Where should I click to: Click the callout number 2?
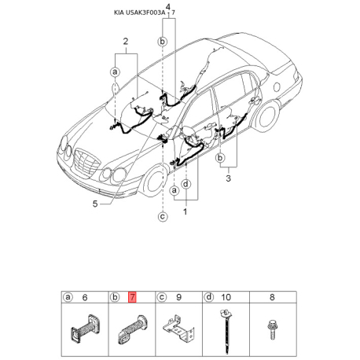(x=126, y=42)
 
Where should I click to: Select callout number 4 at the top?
(x=168, y=7)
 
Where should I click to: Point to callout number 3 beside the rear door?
(x=229, y=178)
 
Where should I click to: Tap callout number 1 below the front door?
(x=186, y=211)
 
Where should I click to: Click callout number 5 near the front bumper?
(x=95, y=204)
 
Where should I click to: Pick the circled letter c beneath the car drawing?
(x=163, y=217)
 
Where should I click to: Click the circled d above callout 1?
(x=186, y=184)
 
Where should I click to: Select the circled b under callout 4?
(x=163, y=42)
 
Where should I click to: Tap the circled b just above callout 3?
(x=220, y=158)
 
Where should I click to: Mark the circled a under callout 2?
(x=115, y=72)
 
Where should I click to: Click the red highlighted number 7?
(x=132, y=297)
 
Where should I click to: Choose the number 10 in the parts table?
(x=226, y=297)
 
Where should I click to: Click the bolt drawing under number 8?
(x=272, y=329)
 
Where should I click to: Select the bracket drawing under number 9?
(x=179, y=329)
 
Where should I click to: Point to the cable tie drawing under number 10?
(x=226, y=331)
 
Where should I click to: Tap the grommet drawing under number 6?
(x=85, y=329)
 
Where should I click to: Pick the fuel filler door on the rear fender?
(x=277, y=86)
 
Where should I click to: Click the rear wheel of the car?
(x=267, y=116)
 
